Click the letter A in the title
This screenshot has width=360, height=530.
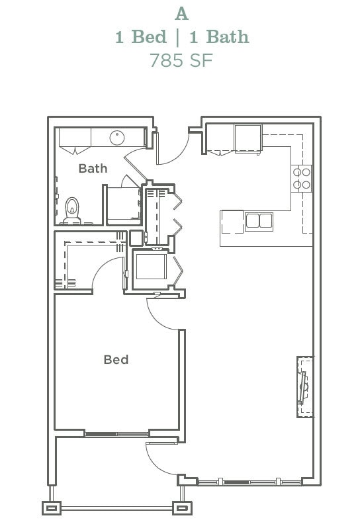[181, 13]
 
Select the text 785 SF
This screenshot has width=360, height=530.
[181, 60]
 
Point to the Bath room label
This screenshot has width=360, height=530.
[93, 168]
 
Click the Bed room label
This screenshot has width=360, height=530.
[116, 360]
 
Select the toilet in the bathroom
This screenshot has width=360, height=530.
[72, 210]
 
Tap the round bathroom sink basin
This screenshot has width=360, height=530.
[117, 138]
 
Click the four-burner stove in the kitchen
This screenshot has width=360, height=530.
[302, 178]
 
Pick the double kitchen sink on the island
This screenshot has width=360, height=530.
[259, 220]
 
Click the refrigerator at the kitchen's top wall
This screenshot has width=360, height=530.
[248, 138]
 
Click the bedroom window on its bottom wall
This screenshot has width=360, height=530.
[116, 434]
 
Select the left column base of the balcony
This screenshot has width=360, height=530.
[52, 508]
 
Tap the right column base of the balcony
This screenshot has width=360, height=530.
[181, 508]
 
